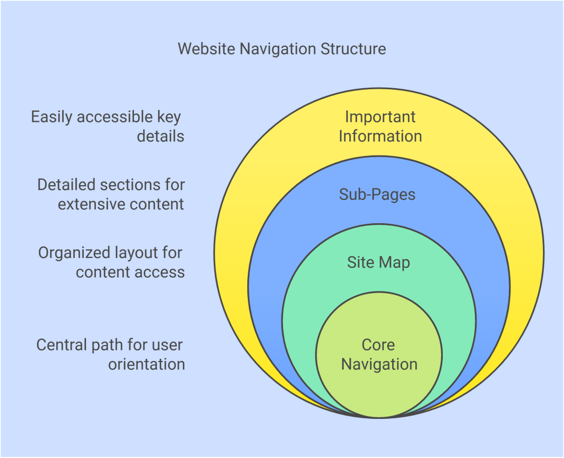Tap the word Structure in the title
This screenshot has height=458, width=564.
click(x=353, y=49)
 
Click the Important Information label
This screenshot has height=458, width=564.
click(x=380, y=126)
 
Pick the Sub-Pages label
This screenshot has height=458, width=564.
click(x=377, y=195)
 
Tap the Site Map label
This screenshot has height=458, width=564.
click(x=378, y=262)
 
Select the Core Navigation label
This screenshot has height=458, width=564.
click(x=379, y=354)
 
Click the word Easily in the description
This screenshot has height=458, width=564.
click(x=52, y=117)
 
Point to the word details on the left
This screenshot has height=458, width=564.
click(x=160, y=136)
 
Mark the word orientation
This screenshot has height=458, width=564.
click(x=146, y=364)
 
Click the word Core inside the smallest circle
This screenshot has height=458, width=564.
click(x=378, y=345)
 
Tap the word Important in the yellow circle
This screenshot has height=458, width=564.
click(x=380, y=117)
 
